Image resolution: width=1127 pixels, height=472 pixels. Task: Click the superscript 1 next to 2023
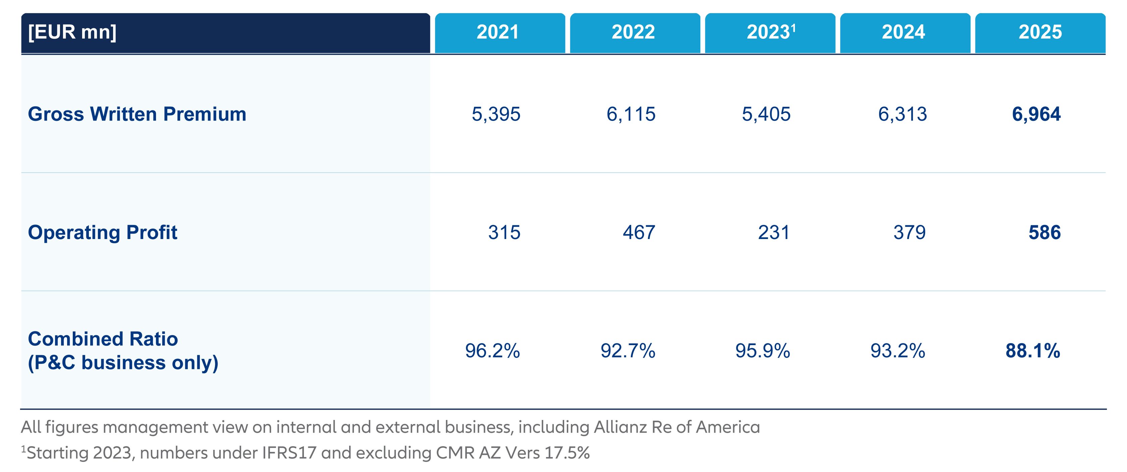tap(793, 28)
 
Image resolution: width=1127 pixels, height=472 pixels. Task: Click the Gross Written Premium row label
tap(137, 114)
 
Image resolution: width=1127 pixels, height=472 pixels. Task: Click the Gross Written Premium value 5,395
tap(496, 114)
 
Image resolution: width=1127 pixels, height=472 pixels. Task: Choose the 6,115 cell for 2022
tap(631, 114)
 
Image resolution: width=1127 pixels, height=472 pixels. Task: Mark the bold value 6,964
tap(1036, 114)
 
